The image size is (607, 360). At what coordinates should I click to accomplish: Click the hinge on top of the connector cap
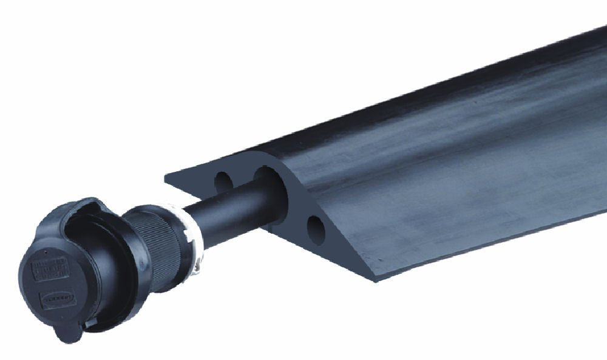pyautogui.click(x=85, y=206)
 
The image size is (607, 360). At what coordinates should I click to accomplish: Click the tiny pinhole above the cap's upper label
pyautogui.click(x=48, y=250)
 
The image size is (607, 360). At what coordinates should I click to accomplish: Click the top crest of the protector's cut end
pyautogui.click(x=267, y=152)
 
